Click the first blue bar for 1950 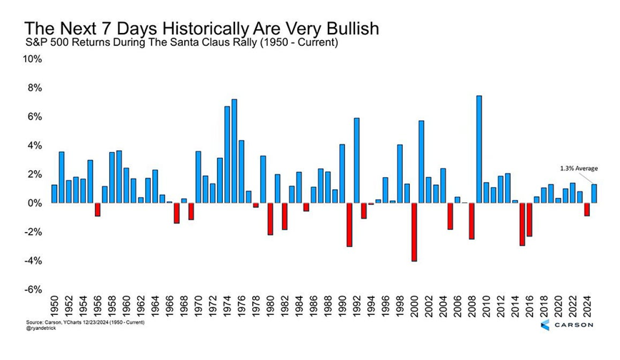click(x=54, y=194)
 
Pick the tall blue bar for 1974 click(x=227, y=154)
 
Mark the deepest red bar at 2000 click(x=414, y=232)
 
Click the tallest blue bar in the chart click(x=479, y=149)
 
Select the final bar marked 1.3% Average click(x=594, y=194)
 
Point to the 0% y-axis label click(x=36, y=204)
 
